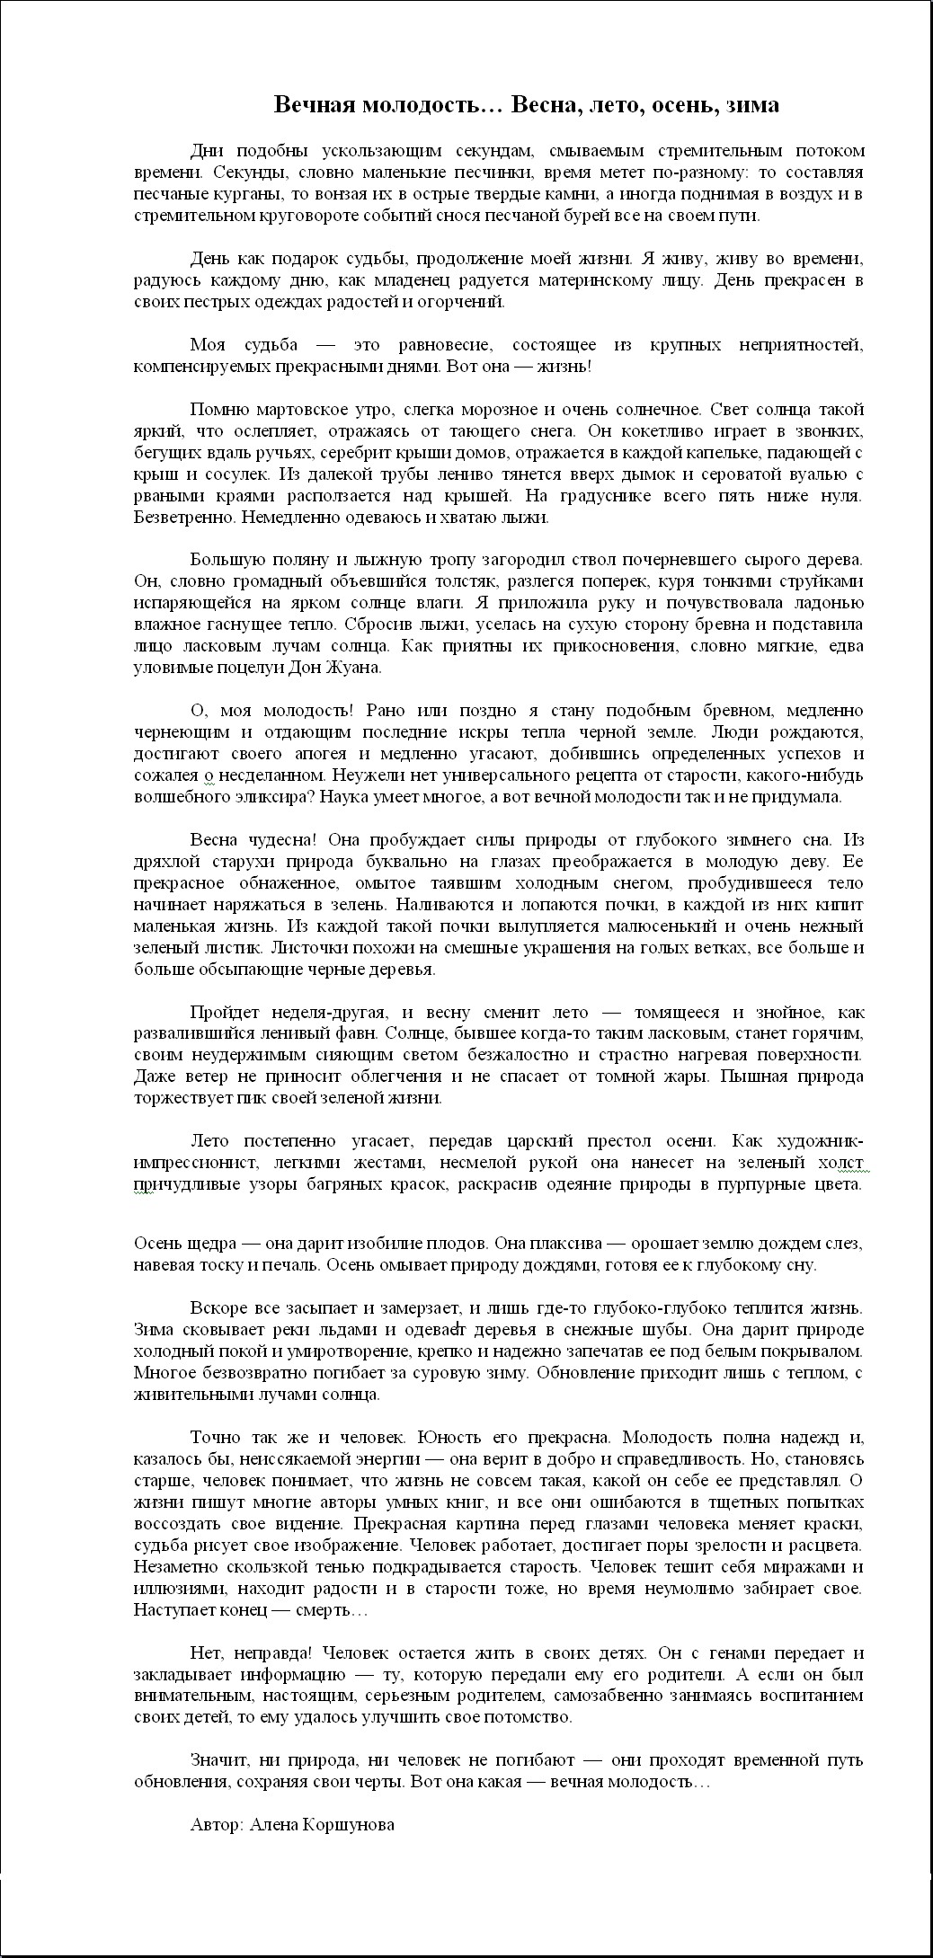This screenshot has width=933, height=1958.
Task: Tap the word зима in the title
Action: tap(751, 105)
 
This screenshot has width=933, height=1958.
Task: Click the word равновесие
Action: tap(434, 345)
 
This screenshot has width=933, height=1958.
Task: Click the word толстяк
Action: tap(483, 581)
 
